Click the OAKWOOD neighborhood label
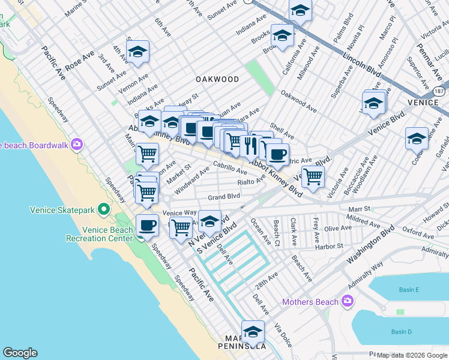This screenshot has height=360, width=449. point(217,79)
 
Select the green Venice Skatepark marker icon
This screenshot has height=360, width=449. point(104,210)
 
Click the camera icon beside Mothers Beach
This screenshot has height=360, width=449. point(347,301)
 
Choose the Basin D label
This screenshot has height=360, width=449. point(401,332)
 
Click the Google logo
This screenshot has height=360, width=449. point(20,353)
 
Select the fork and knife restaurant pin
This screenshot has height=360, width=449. point(250,145)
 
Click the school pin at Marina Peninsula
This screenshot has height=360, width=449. point(253,332)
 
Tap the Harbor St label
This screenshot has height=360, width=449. point(331,245)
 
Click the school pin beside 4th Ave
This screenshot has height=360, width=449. point(137,53)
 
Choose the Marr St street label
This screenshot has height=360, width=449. point(357,209)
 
